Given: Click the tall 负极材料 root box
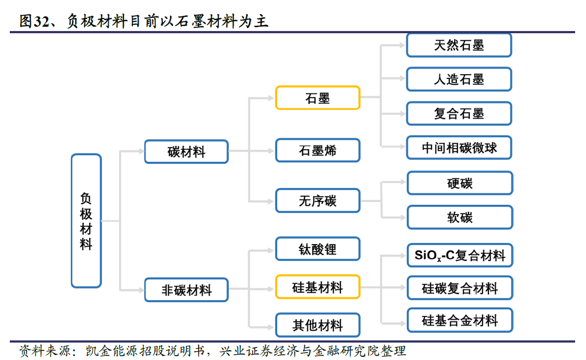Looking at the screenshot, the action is (x=87, y=221).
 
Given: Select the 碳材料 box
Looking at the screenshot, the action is (x=186, y=152).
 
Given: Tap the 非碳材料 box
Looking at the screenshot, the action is (x=186, y=290).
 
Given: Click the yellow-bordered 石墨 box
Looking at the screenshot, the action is (x=318, y=98).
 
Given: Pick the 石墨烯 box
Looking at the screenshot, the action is (x=318, y=150).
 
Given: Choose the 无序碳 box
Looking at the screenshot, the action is (x=318, y=201).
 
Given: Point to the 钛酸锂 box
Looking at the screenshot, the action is (x=318, y=249).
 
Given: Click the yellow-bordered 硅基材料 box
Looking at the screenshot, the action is (x=318, y=287).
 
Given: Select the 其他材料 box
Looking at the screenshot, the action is (x=318, y=325).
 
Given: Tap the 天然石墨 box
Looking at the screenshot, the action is (x=459, y=46).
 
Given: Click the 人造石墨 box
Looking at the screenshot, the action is (x=459, y=80).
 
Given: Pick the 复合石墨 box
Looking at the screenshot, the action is (x=459, y=114).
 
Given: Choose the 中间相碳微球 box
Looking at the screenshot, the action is (x=459, y=148).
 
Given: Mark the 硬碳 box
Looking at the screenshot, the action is (x=460, y=183).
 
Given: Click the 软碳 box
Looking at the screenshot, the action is (x=460, y=217).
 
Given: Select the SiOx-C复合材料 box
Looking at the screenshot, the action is (x=460, y=255).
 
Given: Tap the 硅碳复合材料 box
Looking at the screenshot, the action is (x=460, y=288).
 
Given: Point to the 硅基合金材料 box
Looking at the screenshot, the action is (x=460, y=320).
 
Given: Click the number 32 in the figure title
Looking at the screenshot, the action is (x=41, y=21).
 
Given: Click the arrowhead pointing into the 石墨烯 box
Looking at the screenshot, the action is (x=271, y=151).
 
